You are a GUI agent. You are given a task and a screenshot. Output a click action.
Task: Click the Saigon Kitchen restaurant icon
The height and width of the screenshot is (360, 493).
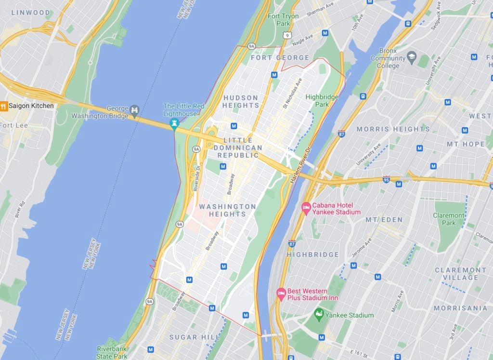(3, 106)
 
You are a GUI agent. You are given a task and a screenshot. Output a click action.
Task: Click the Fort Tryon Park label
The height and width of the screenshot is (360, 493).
(283, 20)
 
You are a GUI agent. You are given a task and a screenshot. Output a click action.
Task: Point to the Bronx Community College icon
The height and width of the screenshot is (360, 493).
(411, 58)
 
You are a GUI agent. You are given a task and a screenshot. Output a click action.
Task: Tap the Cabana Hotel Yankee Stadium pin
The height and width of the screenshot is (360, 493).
(306, 208)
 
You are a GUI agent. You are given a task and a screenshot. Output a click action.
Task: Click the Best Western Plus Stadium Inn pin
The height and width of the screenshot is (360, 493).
(281, 294)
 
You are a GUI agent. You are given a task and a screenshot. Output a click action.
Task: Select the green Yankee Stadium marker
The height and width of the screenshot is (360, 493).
(318, 315)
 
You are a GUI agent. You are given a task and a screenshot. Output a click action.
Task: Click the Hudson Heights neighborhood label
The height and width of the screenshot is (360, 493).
(241, 102)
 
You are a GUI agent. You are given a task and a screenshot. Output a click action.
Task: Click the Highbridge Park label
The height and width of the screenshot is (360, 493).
(322, 100)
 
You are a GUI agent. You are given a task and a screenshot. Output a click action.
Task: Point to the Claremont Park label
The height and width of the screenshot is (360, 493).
(449, 219)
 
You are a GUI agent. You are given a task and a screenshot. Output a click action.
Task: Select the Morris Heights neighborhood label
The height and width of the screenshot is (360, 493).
(393, 129)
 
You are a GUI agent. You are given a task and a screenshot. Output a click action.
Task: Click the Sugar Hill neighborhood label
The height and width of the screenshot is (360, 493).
(190, 337)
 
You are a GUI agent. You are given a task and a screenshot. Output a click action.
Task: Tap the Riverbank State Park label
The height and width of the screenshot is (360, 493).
(112, 352)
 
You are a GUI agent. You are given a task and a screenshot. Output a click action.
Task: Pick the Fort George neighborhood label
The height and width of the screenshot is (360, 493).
(280, 58)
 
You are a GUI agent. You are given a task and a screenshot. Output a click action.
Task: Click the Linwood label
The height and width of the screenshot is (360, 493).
(30, 13)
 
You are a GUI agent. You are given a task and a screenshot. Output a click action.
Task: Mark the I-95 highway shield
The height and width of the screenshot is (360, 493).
(386, 179)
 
